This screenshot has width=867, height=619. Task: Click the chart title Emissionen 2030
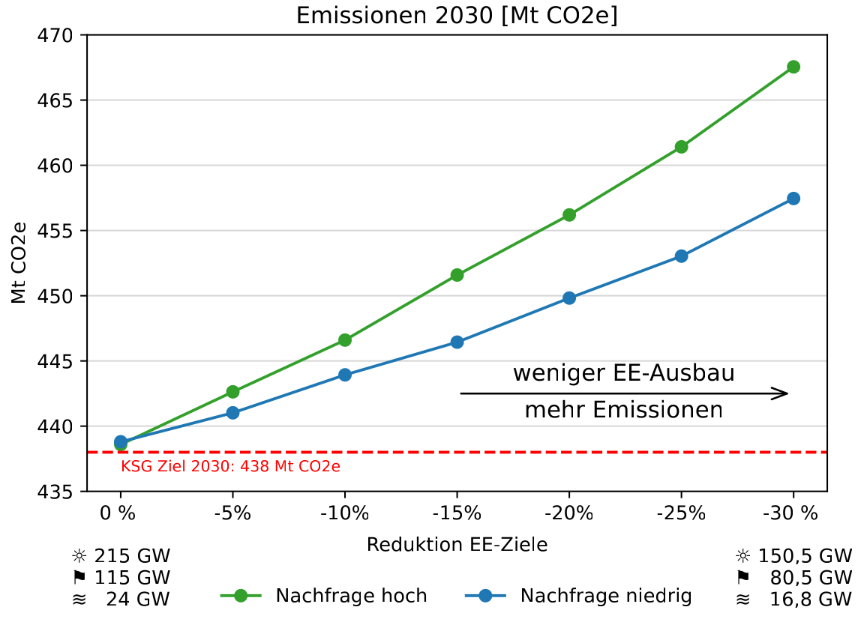[457, 16]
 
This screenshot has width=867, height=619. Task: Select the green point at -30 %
[793, 67]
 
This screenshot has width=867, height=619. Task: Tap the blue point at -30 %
[793, 199]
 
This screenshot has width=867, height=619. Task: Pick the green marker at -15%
[457, 275]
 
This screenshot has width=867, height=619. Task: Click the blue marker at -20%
[569, 298]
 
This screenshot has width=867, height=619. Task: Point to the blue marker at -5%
[232, 412]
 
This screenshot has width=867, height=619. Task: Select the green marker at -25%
[681, 147]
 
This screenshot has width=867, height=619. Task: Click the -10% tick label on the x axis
[345, 515]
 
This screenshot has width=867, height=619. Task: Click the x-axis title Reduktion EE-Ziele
[457, 545]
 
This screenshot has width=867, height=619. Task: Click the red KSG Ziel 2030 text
[230, 466]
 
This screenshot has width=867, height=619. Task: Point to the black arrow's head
[784, 393]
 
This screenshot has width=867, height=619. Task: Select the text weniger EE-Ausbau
[623, 373]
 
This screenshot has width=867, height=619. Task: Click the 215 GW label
[132, 556]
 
